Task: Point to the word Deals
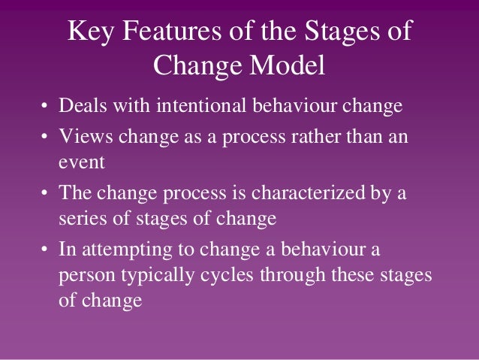[80, 105]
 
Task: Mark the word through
[290, 276]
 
